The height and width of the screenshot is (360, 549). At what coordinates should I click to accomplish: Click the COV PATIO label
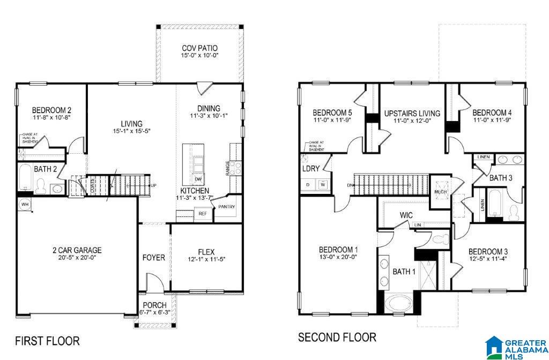pos(199,47)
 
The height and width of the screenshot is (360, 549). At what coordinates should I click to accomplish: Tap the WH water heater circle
pos(25,204)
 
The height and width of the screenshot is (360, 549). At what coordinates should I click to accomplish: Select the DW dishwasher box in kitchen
pos(198,179)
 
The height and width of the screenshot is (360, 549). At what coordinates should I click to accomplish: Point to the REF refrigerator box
pos(202,213)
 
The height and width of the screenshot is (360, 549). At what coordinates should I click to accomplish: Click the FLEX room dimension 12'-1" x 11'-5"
pos(206,260)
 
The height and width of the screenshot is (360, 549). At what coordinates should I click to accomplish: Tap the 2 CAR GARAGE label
pos(77,250)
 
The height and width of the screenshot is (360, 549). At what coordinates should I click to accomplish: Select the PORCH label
pos(154,305)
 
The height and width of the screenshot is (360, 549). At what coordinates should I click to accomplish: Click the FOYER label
pos(153,258)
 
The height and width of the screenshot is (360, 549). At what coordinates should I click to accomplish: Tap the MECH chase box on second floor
pos(440,191)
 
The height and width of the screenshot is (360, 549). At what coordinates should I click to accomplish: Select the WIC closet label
pos(406,215)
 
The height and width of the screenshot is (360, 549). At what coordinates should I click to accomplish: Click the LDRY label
pos(311,169)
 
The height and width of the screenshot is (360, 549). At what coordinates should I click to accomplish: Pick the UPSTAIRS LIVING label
pos(412,114)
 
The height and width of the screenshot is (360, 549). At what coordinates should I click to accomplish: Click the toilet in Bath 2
pos(40,186)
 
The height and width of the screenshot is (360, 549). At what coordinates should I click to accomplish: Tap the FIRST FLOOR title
pos(47,341)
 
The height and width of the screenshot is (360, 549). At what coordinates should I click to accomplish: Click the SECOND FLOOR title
pos(337,337)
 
